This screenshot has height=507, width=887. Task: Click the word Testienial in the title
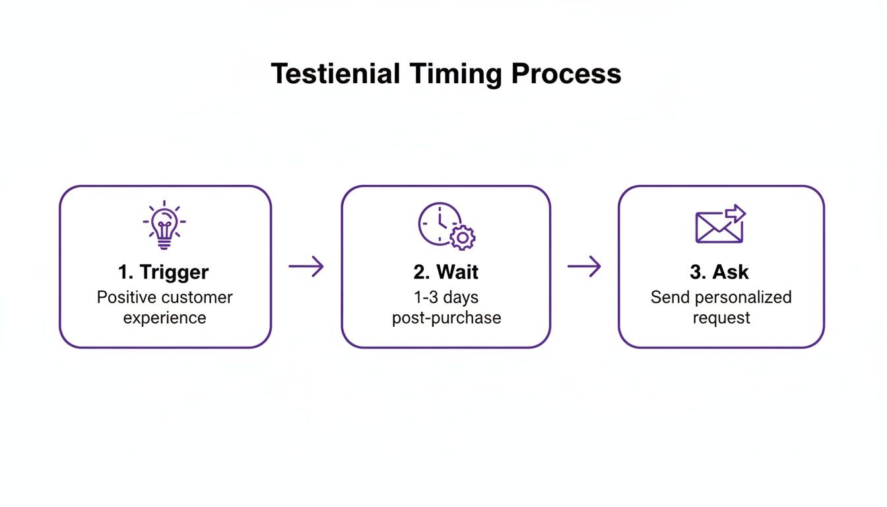pos(335,74)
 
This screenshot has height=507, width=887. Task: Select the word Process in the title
pos(566,74)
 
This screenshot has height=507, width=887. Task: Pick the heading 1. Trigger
pos(164,272)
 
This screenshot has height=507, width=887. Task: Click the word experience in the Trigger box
pos(164,318)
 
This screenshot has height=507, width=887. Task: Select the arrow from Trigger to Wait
pos(306,267)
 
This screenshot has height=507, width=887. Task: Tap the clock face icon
pos(439,223)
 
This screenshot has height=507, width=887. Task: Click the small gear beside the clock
pos(463,237)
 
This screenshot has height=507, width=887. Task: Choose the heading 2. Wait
pos(446,272)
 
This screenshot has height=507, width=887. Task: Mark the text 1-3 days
pos(446,297)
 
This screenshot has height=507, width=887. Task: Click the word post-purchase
pos(446,318)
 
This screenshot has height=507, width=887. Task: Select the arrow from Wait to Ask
pos(584,267)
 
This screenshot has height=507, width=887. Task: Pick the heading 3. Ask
pos(720,272)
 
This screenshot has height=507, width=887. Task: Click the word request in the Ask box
pos(721,318)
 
